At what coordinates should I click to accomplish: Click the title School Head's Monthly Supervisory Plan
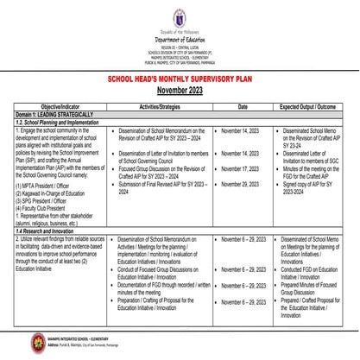[x=180, y=77]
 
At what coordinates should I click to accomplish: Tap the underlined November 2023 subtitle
[x=180, y=89]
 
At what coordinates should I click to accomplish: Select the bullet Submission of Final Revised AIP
[x=155, y=186]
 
